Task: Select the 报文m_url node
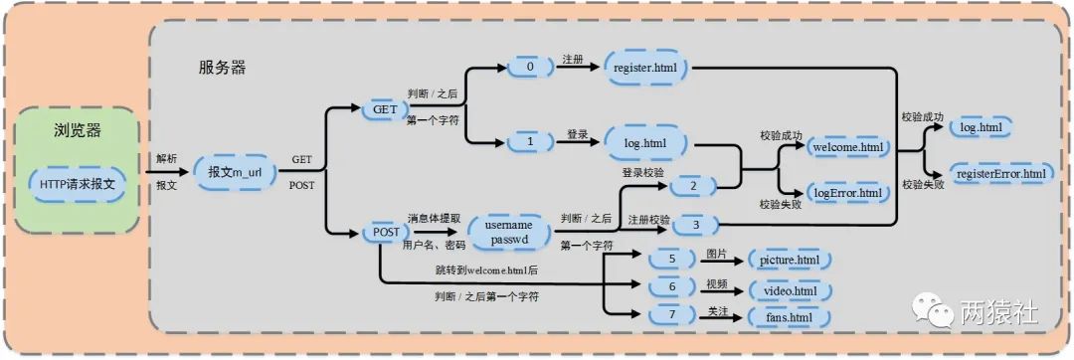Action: [235, 172]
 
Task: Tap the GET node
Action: [384, 108]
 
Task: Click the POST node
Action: [386, 232]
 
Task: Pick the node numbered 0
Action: [530, 67]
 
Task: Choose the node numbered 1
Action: [530, 142]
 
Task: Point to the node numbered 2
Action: [695, 185]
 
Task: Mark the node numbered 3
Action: [695, 226]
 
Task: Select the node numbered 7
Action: [672, 315]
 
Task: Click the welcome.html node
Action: [847, 147]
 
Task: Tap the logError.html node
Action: [847, 192]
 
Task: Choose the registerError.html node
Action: [999, 173]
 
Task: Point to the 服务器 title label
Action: [222, 68]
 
